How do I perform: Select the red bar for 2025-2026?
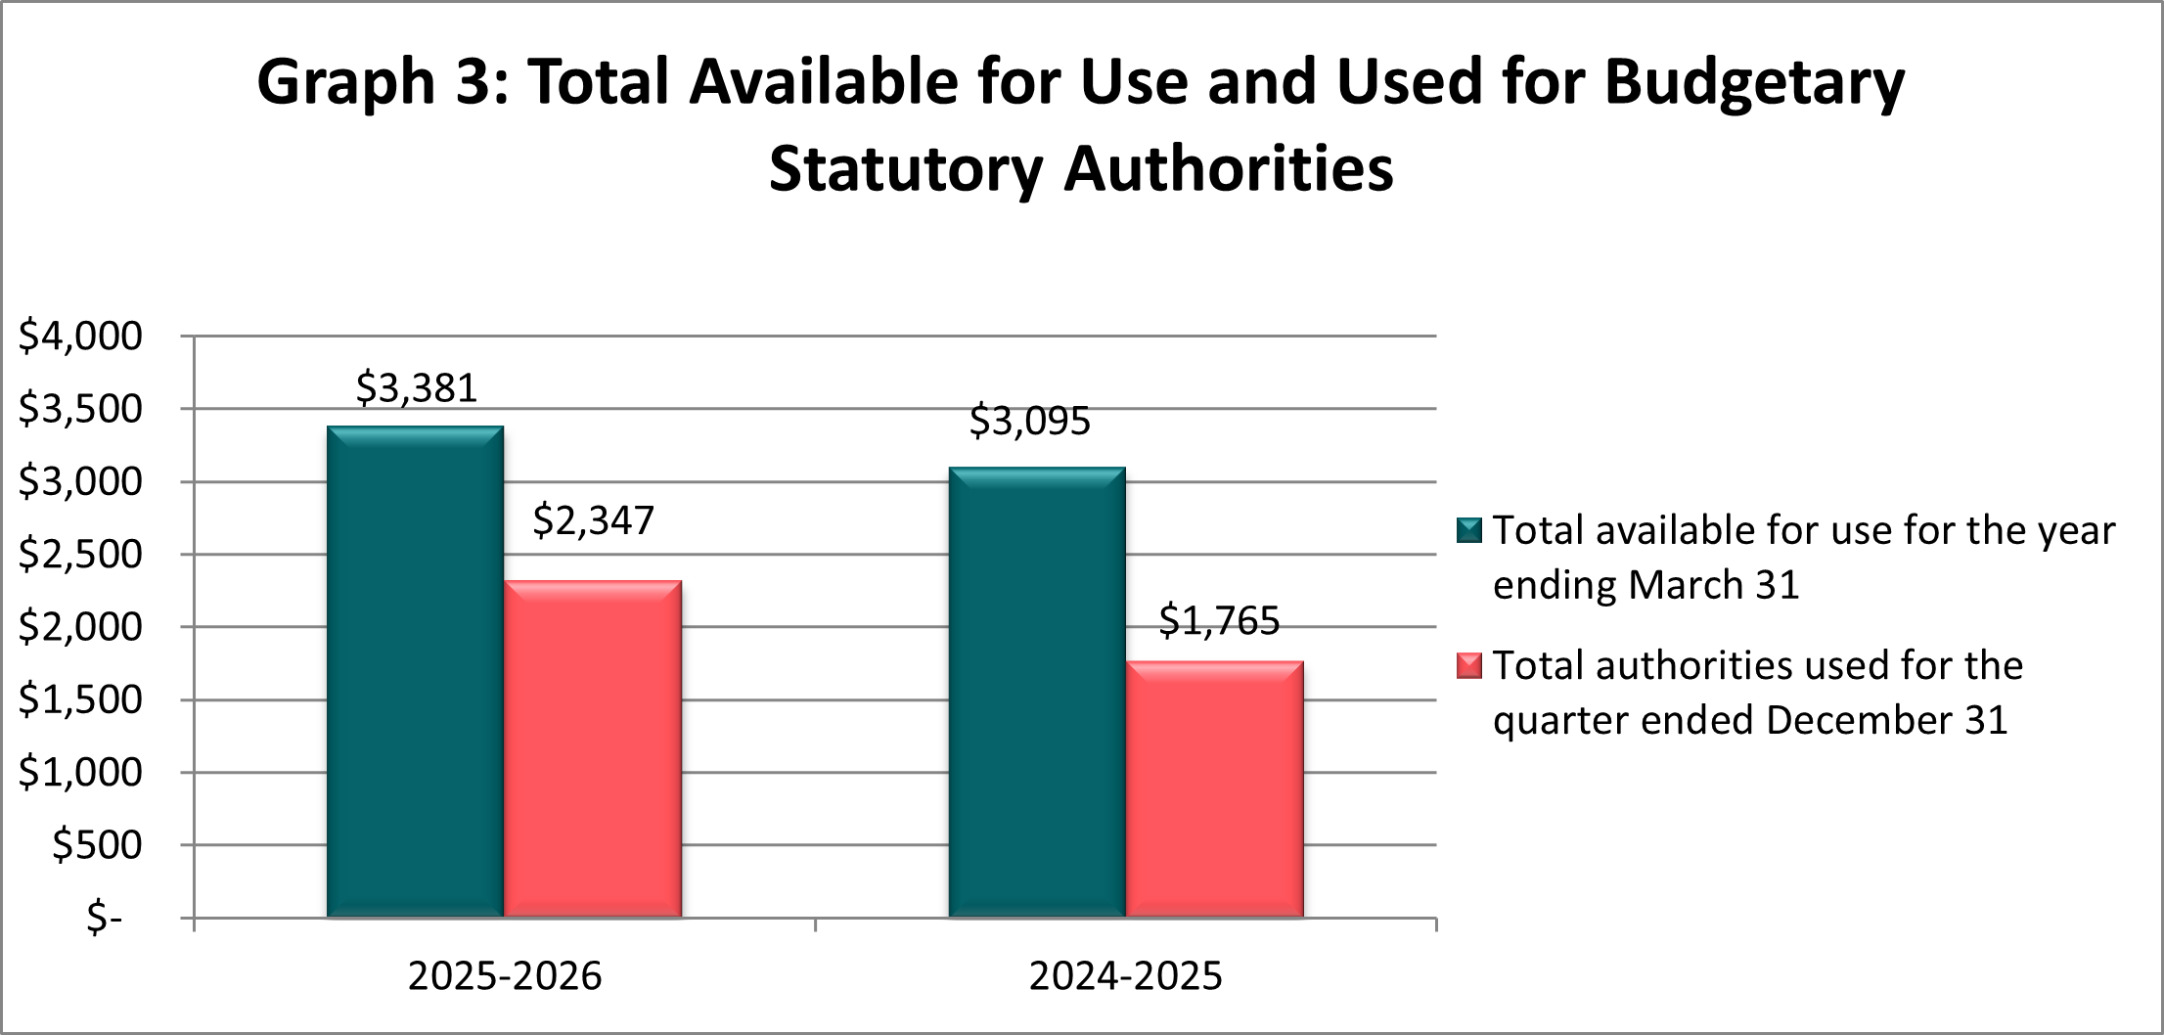coord(593,749)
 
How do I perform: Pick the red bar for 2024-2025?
coord(1215,789)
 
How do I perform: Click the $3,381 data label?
coord(417,388)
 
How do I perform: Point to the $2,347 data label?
coord(593,520)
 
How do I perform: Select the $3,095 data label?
coord(1029,422)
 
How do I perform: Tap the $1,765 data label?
coord(1219,621)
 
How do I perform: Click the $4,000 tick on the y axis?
coord(80,336)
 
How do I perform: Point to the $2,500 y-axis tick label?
coord(80,554)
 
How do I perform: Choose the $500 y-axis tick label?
coord(97,844)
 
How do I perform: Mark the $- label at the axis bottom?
coord(105,918)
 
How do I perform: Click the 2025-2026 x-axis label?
coord(505,976)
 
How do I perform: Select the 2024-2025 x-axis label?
coord(1125,976)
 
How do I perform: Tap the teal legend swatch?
coord(1469,530)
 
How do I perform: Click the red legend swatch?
coord(1469,665)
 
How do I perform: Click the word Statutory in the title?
coord(906,169)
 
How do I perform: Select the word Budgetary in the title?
coord(1754,81)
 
